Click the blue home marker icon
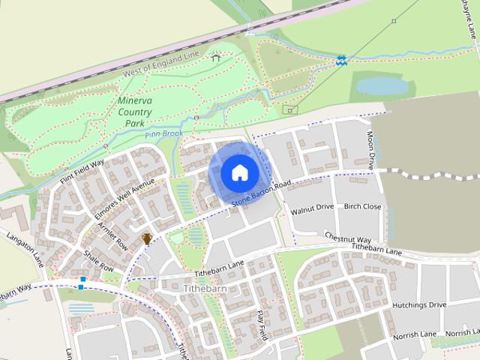click(239, 172)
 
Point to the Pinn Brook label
click(164, 133)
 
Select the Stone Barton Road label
click(260, 194)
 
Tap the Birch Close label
click(362, 207)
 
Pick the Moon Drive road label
click(370, 150)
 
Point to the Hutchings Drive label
click(418, 304)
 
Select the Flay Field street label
click(262, 324)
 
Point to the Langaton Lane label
click(26, 249)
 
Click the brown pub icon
click(147, 238)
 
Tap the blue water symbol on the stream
click(341, 58)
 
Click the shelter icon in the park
click(216, 57)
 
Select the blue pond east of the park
click(382, 86)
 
